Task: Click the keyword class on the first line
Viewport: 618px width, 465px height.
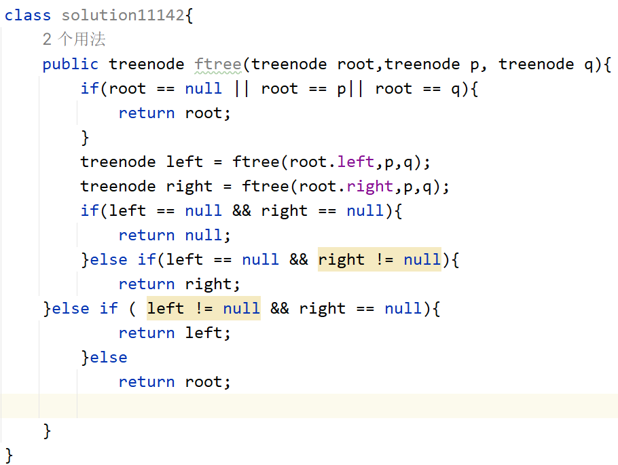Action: (28, 16)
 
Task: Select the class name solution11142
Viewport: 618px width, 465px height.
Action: (122, 16)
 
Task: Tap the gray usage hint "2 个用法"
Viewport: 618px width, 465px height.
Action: (74, 39)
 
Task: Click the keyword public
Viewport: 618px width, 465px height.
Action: (70, 64)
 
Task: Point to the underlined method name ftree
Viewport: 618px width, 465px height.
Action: (217, 64)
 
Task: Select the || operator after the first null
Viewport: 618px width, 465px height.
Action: (241, 88)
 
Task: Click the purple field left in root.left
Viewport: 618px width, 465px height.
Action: (355, 162)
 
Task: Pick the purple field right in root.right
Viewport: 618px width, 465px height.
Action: (369, 187)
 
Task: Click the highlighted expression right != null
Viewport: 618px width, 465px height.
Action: (379, 260)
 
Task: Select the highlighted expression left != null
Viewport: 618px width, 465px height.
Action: (203, 308)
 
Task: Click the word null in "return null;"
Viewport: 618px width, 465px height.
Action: (203, 236)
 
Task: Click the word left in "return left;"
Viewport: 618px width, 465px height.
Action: (203, 333)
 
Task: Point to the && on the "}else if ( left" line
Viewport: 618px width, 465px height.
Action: (279, 308)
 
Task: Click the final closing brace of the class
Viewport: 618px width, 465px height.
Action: (9, 455)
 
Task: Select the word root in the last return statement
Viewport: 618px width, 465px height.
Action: (203, 382)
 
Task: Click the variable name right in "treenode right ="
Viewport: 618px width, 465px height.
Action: (189, 187)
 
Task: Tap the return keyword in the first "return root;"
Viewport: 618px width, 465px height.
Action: (147, 113)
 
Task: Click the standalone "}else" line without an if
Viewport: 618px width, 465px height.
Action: (104, 358)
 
